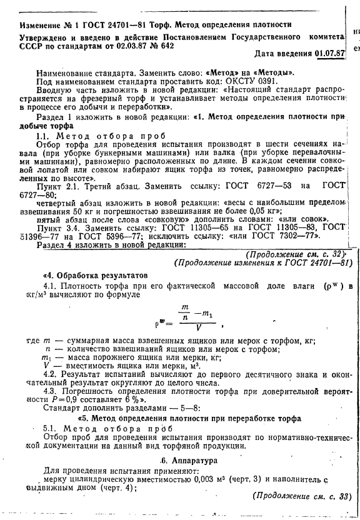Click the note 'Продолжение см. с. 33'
[x=299, y=497]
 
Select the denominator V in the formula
[x=197, y=326]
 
